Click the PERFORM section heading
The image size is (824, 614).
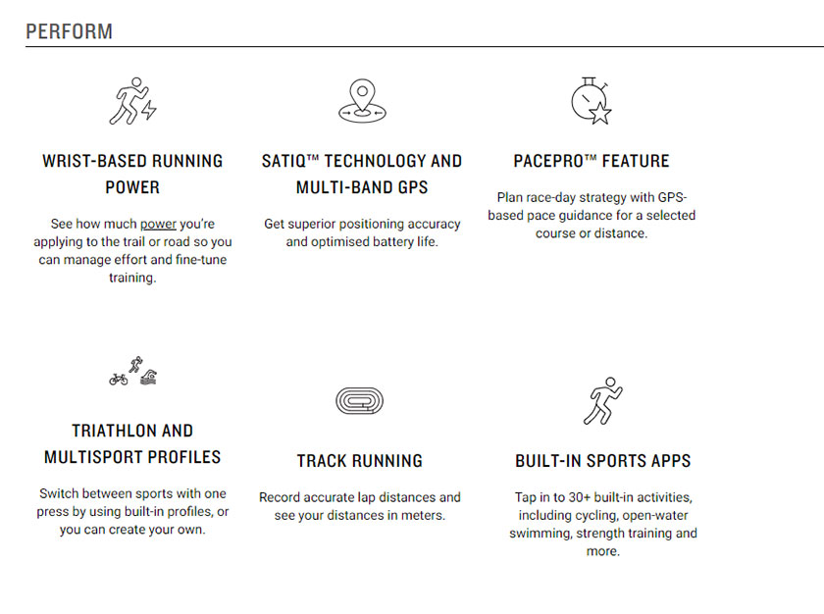pos(69,31)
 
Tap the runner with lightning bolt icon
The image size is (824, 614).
pos(132,101)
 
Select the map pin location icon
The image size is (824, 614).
pos(362,101)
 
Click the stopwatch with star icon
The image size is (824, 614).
pos(592,101)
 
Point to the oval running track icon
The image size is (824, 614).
pos(359,401)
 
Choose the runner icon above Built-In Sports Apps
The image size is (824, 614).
pos(602,401)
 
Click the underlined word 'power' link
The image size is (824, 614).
pos(158,225)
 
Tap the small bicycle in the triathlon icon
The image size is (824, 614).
pos(119,379)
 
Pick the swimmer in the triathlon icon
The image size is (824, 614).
pos(149,378)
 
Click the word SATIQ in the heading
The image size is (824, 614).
pos(283,161)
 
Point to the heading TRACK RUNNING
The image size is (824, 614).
pos(359,461)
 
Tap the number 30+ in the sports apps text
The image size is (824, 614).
pos(580,497)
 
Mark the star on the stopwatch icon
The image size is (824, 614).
pos(600,113)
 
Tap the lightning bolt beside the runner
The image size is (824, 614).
pos(149,109)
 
